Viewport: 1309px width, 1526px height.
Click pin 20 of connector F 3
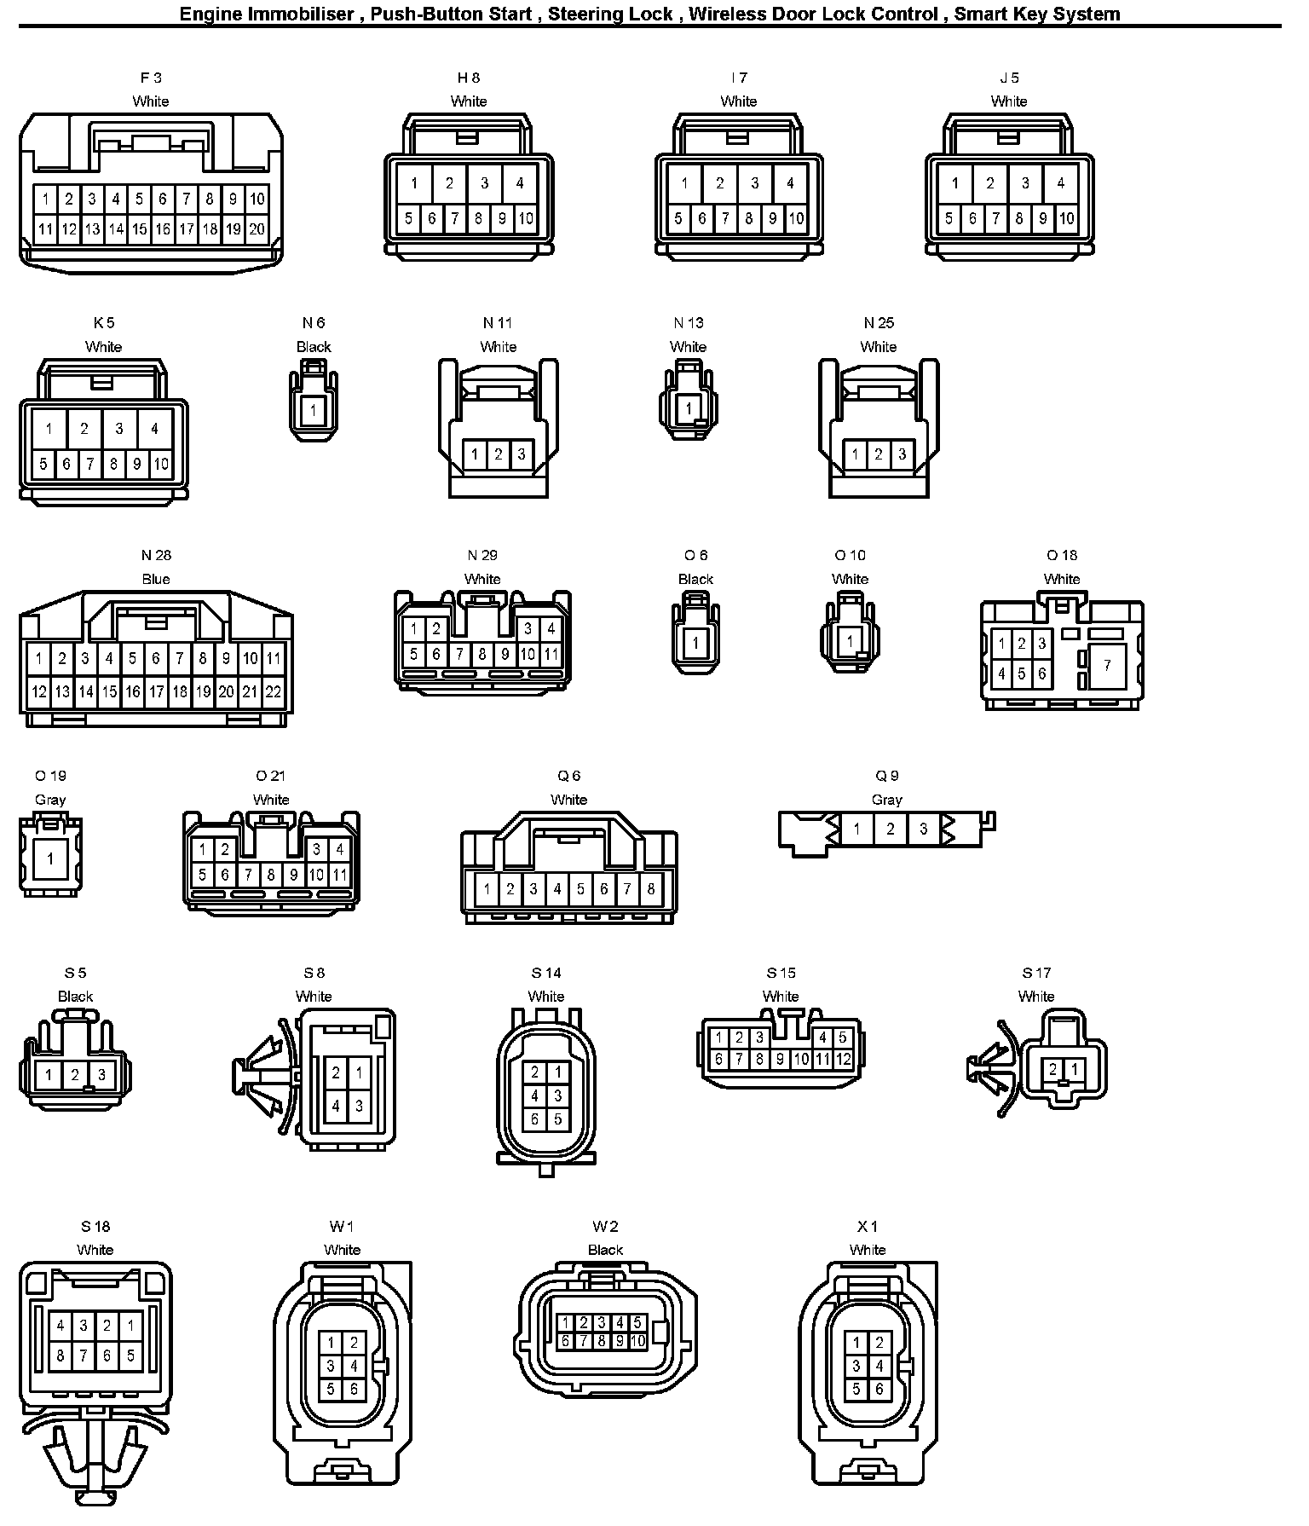(x=257, y=229)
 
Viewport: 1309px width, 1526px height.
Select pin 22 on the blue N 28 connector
(x=274, y=692)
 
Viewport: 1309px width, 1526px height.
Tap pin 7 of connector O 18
(x=1107, y=665)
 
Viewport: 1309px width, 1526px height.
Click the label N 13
(x=689, y=323)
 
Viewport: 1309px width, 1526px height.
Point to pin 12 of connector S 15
(x=843, y=1060)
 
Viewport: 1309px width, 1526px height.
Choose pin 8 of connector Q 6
(x=651, y=890)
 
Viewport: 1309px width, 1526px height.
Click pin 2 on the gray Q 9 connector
(x=890, y=829)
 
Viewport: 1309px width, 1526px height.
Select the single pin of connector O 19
(x=50, y=858)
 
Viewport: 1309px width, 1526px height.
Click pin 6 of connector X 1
(x=879, y=1389)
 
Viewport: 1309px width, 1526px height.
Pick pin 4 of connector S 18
(x=61, y=1326)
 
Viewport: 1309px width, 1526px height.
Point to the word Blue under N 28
(x=156, y=579)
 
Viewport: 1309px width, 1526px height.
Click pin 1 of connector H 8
(x=414, y=182)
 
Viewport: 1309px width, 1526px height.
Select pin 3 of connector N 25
(x=902, y=454)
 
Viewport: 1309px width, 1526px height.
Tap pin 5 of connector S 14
(x=557, y=1119)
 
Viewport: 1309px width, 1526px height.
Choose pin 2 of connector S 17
(x=1053, y=1069)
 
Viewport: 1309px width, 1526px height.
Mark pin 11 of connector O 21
(x=339, y=875)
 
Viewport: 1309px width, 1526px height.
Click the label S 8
(x=314, y=973)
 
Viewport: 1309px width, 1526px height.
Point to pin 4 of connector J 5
(x=1060, y=182)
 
